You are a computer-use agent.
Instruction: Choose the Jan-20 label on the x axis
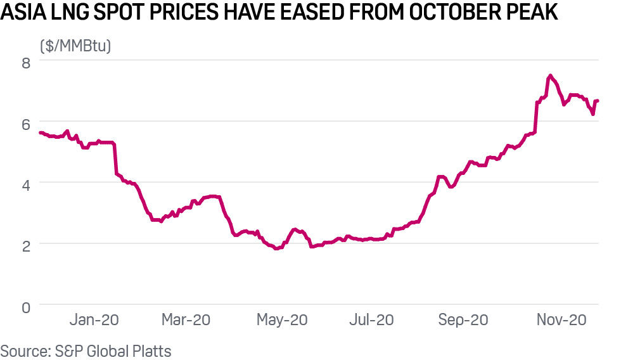(94, 321)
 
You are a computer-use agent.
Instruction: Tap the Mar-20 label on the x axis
(186, 321)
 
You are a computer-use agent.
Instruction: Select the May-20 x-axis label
(281, 321)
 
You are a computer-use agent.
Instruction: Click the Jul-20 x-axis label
(371, 321)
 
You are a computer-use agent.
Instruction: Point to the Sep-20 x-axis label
(463, 321)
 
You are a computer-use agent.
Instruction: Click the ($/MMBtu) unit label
(75, 46)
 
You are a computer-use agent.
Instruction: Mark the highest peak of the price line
(549, 75)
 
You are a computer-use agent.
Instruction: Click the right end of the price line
(598, 101)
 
